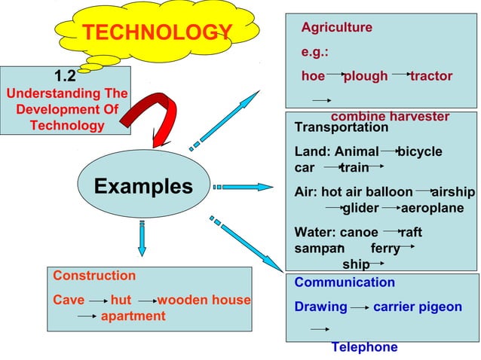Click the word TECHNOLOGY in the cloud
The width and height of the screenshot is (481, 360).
(156, 32)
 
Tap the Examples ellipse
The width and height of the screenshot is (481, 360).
(143, 186)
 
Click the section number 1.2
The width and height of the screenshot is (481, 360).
(65, 75)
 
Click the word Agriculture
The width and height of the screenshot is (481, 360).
(336, 28)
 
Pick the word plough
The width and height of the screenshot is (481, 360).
(366, 76)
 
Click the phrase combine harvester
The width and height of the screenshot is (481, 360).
(390, 117)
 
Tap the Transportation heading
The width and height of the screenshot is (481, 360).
(341, 127)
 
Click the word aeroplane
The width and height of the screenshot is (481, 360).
(432, 208)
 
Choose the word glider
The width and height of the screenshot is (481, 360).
(360, 208)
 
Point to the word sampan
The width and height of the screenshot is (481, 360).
(318, 248)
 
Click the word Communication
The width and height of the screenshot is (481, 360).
(345, 282)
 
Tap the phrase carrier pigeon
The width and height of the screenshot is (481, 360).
(418, 307)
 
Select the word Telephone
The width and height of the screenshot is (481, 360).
(364, 347)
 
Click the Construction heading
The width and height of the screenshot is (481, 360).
(94, 276)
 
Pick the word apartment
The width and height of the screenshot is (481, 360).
(133, 316)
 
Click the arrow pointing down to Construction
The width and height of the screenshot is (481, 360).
(141, 240)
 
